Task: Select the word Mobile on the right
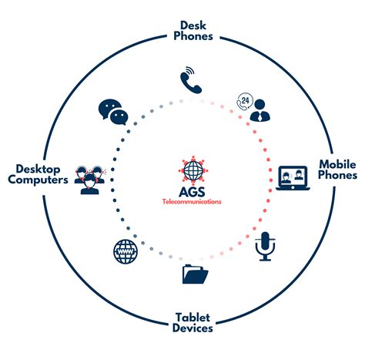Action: click(338, 163)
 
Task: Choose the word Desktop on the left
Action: click(31, 167)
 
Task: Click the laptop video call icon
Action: click(292, 177)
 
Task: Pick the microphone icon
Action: click(266, 246)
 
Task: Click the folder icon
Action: click(193, 274)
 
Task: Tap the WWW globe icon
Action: click(125, 250)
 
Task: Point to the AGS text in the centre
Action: click(191, 190)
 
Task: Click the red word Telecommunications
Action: click(192, 202)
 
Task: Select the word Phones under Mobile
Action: click(338, 175)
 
